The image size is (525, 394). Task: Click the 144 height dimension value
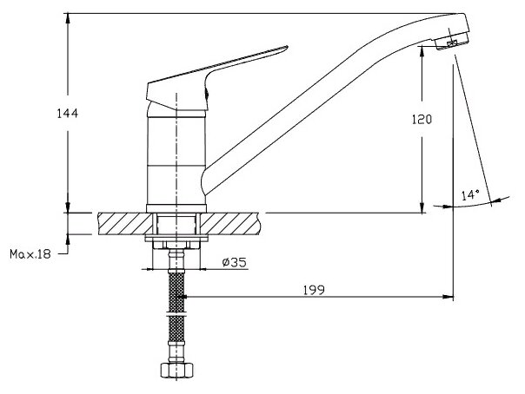(58, 114)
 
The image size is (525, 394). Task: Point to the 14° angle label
(469, 195)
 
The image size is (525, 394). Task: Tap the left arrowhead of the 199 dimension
(182, 300)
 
